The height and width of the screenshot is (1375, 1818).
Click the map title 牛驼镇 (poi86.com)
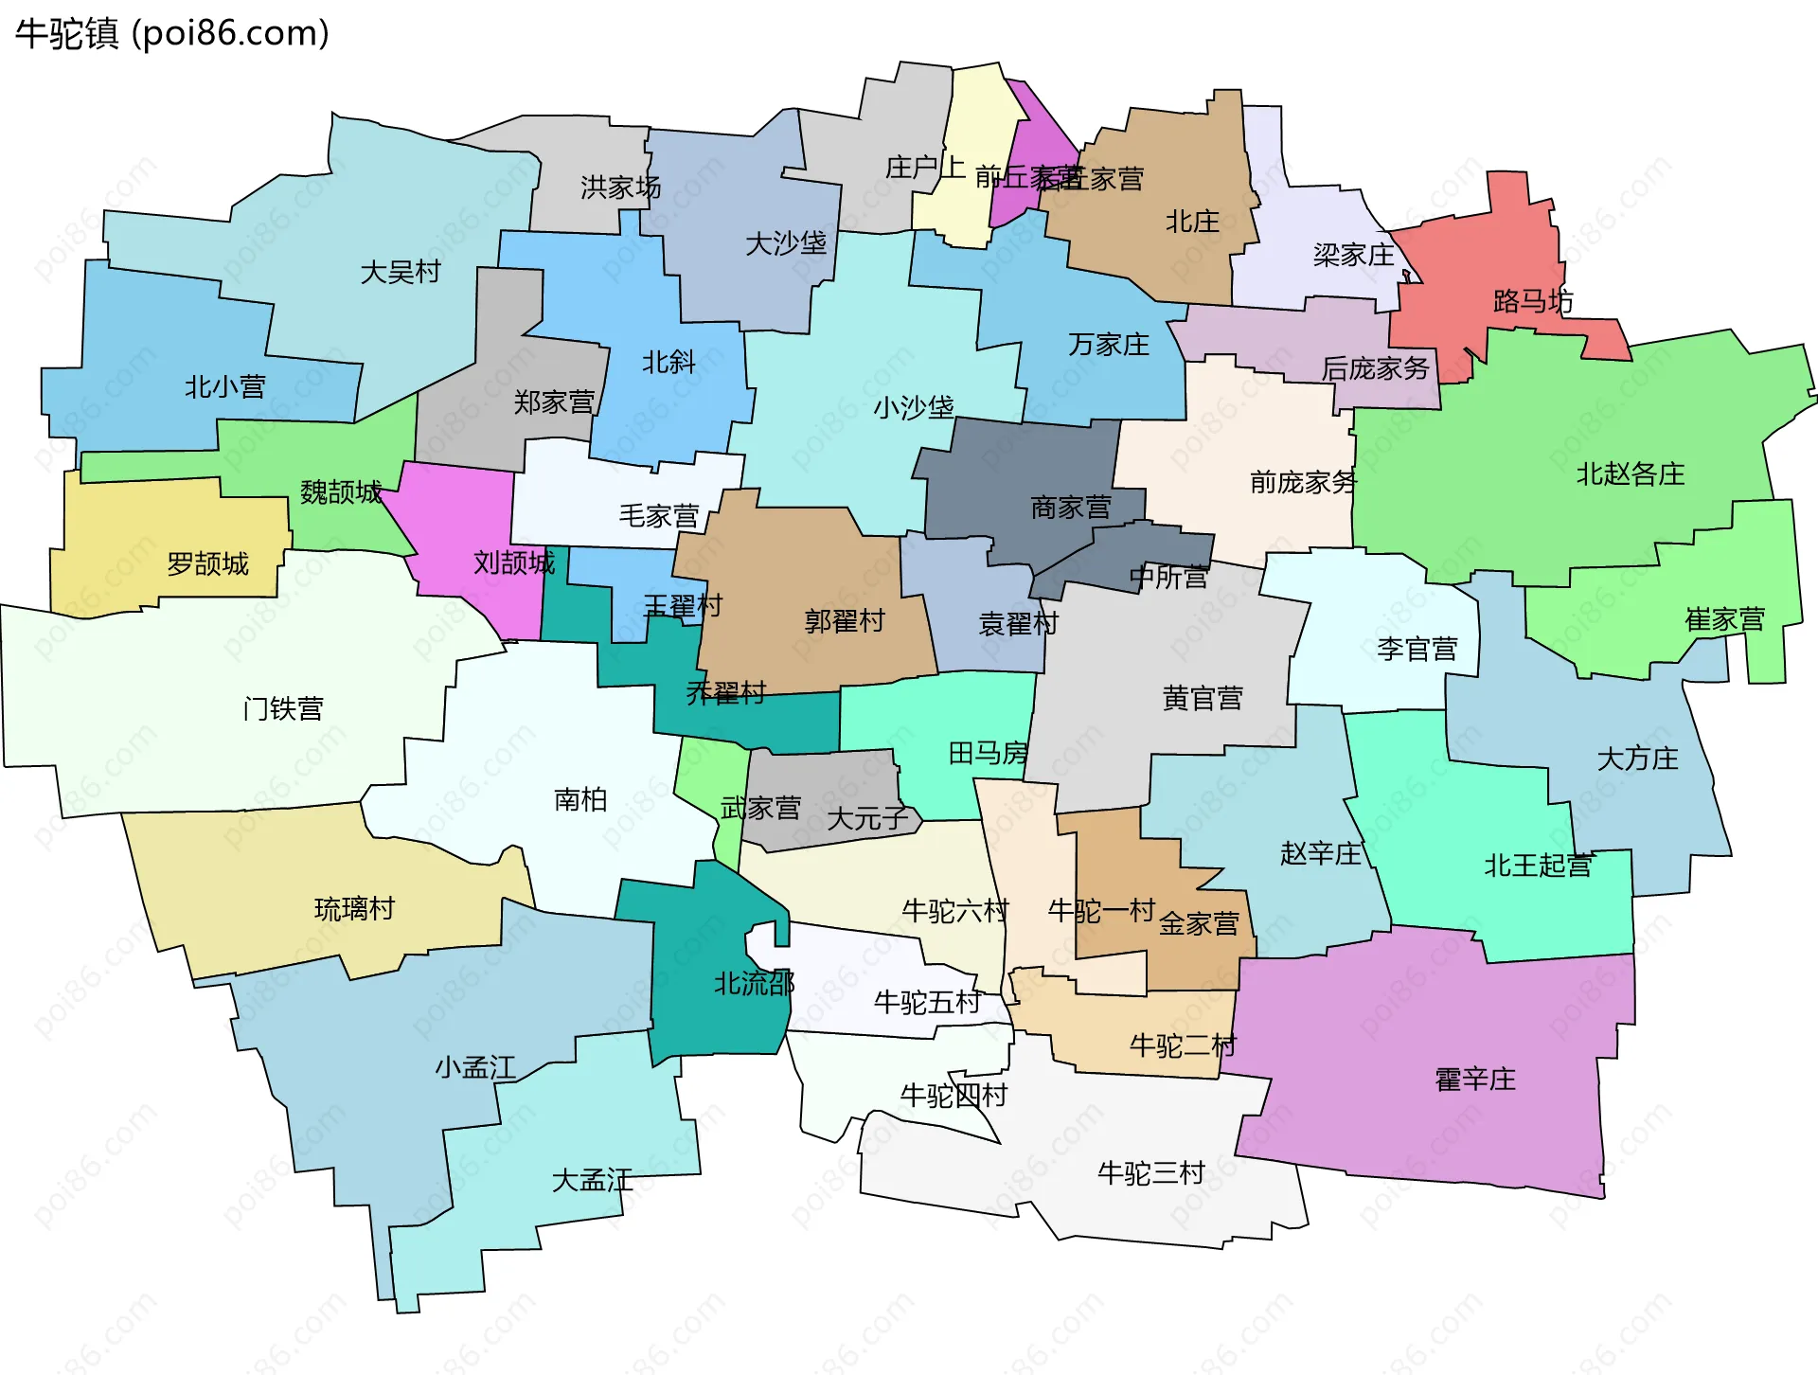pos(172,34)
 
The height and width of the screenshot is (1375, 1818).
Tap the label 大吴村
pos(401,273)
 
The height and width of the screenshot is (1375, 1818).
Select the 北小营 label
pos(225,387)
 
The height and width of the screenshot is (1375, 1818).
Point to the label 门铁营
pos(283,709)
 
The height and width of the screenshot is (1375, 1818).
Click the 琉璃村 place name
pos(354,909)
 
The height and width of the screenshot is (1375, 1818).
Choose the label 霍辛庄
pos(1475,1080)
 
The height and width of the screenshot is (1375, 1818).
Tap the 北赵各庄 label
pos(1631,474)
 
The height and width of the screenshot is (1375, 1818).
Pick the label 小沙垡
pos(914,408)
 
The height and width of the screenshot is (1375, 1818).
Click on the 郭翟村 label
pos(845,621)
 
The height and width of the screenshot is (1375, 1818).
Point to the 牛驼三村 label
pos(1150,1174)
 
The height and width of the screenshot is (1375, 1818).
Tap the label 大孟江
pos(593,1181)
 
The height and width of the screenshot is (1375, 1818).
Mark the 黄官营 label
pos(1203,699)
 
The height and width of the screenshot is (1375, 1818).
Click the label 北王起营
pos(1538,866)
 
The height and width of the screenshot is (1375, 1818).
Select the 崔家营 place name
pos(1725,620)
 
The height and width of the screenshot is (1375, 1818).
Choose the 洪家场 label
pos(621,187)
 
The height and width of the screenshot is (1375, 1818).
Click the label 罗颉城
pos(207,564)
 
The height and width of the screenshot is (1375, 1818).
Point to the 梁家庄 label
pos(1354,255)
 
